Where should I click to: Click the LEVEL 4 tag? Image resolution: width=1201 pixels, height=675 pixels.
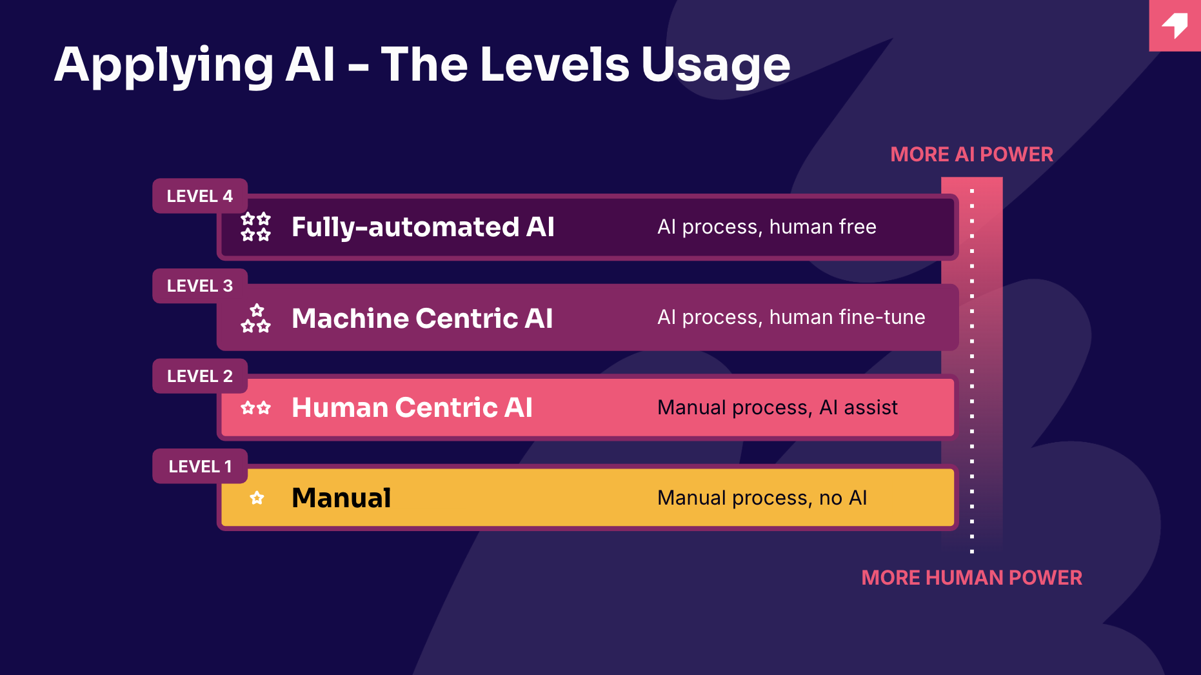point(200,196)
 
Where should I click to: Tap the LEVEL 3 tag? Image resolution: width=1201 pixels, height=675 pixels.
point(200,286)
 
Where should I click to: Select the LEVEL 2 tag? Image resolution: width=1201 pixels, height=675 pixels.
point(200,376)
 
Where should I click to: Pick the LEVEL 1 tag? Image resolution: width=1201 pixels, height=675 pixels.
point(200,466)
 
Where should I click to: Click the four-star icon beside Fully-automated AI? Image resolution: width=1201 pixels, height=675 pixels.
point(255,227)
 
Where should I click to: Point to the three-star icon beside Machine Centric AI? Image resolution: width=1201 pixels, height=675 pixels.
point(255,318)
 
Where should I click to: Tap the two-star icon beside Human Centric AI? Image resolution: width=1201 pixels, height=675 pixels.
point(255,408)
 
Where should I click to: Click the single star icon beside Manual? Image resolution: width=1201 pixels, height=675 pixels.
point(257,498)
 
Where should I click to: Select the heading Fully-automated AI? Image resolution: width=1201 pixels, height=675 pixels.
point(423,227)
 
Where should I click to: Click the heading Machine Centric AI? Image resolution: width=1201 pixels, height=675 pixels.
point(422,318)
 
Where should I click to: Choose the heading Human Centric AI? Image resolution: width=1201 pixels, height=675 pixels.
point(412,408)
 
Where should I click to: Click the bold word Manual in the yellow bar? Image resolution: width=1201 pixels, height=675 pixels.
point(341,498)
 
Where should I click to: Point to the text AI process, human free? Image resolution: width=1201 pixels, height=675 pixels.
point(767,227)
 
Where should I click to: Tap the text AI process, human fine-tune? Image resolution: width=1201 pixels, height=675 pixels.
point(791,317)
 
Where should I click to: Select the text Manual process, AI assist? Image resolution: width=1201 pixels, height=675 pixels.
point(777,408)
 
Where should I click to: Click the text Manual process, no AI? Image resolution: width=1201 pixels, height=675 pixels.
point(762,498)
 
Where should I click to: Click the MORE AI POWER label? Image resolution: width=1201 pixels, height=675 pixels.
point(971,154)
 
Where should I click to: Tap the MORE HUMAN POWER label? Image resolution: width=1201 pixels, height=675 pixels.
point(971,578)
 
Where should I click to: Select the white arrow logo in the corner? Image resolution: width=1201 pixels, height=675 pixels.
point(1176,25)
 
